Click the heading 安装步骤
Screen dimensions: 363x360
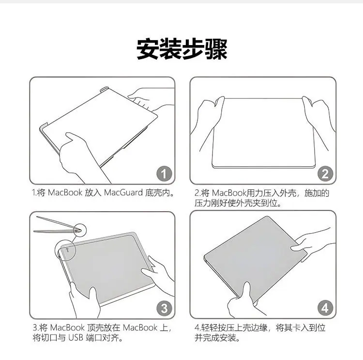coord(181,49)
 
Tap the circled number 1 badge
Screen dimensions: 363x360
coord(164,174)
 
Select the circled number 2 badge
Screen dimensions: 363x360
coord(325,174)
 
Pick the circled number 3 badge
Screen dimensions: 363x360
coord(164,308)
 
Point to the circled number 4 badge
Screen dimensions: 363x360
coord(325,308)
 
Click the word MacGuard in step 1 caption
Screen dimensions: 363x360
coord(123,193)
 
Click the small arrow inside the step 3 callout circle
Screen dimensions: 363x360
coord(67,250)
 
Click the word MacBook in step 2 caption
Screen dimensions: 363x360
coord(229,193)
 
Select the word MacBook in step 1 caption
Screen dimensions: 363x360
coord(65,193)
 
